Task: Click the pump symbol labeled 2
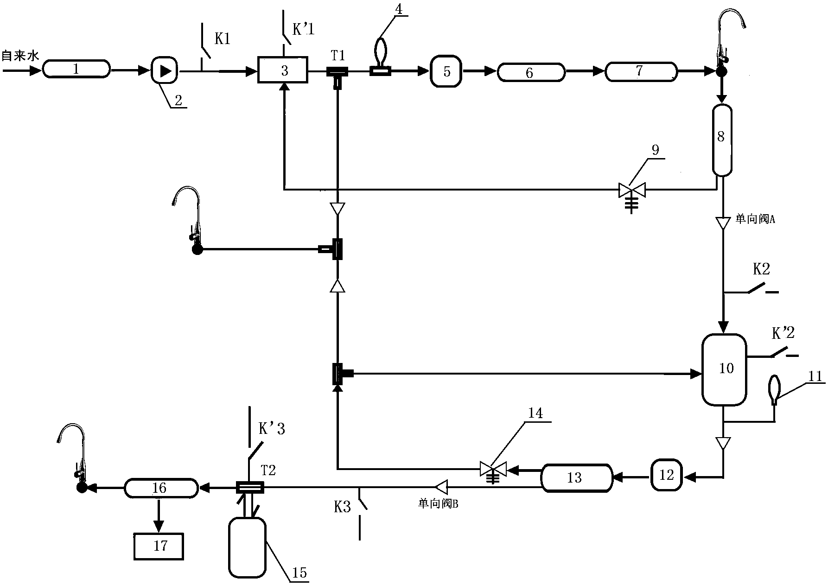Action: [x=165, y=71]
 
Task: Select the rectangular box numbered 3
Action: [x=283, y=70]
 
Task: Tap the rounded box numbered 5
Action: [x=446, y=71]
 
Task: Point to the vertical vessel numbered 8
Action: [x=721, y=140]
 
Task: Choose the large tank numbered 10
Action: [x=724, y=369]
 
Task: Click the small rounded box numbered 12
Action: [x=666, y=475]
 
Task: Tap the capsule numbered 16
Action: [x=160, y=487]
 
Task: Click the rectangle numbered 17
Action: [x=159, y=546]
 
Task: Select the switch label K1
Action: [x=222, y=39]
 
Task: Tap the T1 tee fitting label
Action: [x=338, y=56]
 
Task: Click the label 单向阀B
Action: [x=438, y=504]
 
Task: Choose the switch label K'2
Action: [x=783, y=333]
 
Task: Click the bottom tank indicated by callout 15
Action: [x=247, y=547]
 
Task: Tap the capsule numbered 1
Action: [x=76, y=70]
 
